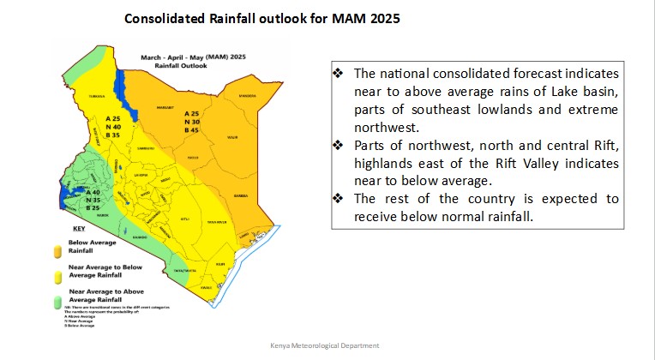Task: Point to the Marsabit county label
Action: pyautogui.click(x=165, y=107)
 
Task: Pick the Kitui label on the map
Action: pyautogui.click(x=184, y=219)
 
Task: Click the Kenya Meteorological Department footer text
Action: pyautogui.click(x=324, y=345)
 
